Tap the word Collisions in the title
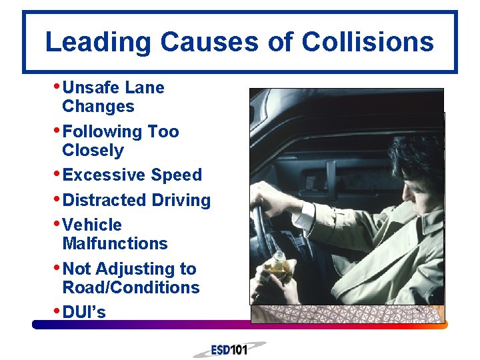(x=367, y=43)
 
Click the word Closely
(x=93, y=151)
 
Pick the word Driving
(x=182, y=201)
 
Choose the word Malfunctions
(x=115, y=243)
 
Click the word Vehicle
(x=92, y=225)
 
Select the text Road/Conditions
(x=131, y=288)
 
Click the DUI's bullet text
(x=83, y=312)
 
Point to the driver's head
(x=413, y=167)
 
